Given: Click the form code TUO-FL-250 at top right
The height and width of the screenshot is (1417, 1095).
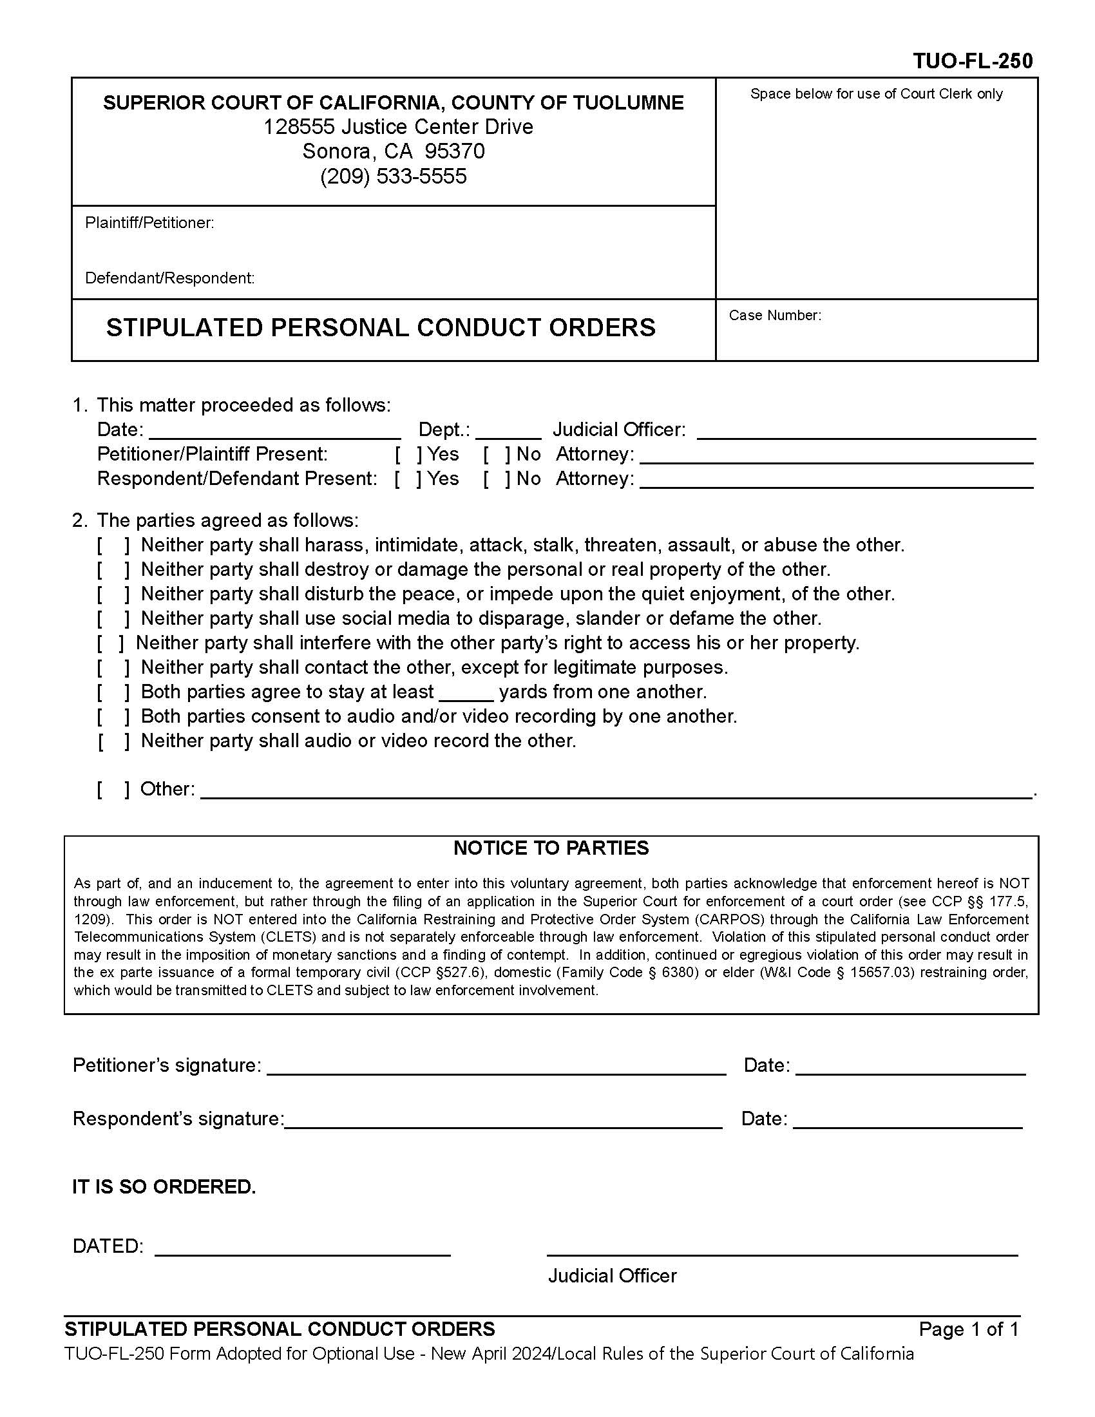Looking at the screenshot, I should click(973, 61).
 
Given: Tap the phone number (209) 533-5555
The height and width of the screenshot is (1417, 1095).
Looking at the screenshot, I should click(393, 176).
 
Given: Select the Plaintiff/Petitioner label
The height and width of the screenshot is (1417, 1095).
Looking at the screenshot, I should click(149, 223).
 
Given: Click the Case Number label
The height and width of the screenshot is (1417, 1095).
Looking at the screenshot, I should click(774, 316).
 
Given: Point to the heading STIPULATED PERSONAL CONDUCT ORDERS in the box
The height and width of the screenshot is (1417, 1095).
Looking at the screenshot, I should click(381, 328).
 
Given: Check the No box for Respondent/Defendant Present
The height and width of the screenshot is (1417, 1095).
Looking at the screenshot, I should click(497, 479).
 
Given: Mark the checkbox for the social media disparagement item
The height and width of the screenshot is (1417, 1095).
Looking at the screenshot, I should click(113, 618).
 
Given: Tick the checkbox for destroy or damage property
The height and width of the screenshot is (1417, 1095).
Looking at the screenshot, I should click(113, 569).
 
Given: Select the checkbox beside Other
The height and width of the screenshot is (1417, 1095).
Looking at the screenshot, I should click(113, 789).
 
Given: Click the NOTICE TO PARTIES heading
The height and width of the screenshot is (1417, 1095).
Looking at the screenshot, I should click(551, 848).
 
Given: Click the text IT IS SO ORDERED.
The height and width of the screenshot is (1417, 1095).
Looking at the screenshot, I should click(164, 1187).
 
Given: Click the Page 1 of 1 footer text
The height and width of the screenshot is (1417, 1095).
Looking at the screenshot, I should click(969, 1329).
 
